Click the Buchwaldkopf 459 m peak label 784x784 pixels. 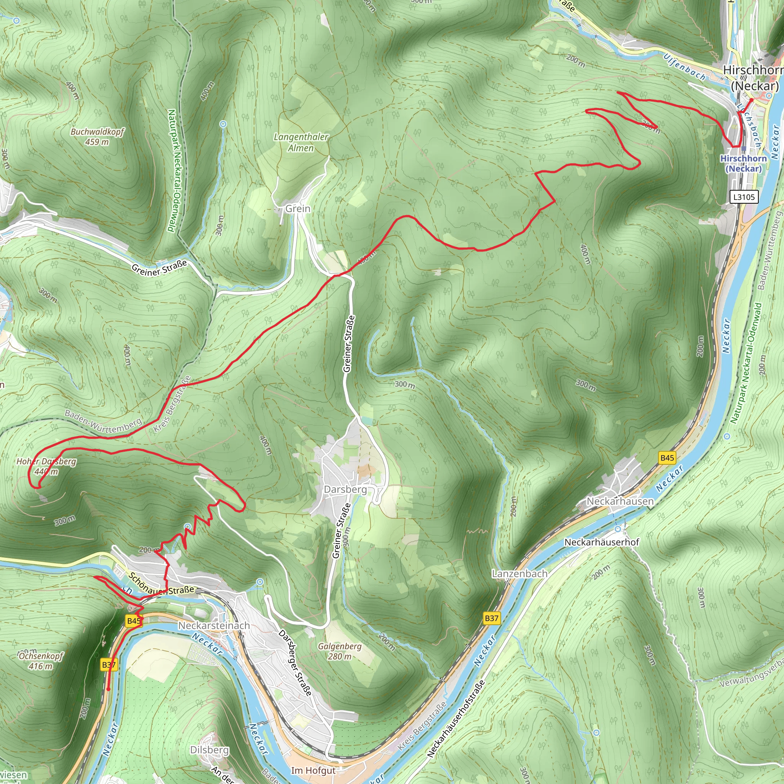click(97, 137)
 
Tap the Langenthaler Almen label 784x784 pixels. click(301, 142)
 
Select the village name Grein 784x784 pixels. click(298, 209)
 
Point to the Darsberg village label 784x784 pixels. click(345, 489)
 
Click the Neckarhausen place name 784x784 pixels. click(620, 501)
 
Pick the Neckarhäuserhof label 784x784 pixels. click(602, 542)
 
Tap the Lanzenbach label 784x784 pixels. click(519, 574)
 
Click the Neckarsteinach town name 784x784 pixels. click(214, 626)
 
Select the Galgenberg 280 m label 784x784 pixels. click(340, 651)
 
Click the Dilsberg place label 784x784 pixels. click(209, 750)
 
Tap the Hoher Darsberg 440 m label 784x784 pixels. click(46, 467)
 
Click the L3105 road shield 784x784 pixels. click(744, 197)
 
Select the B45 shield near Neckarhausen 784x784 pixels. click(667, 458)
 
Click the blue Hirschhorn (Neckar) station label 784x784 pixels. click(743, 163)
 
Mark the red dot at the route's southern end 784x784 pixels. click(108, 689)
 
